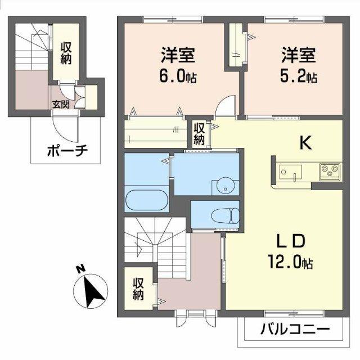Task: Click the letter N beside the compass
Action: coord(80,270)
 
